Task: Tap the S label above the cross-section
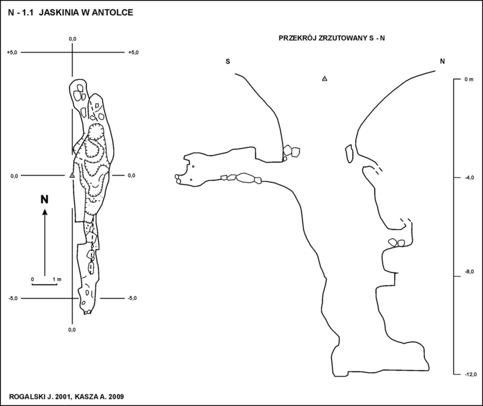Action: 228,61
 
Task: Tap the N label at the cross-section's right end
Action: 442,61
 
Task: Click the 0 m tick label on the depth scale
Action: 468,80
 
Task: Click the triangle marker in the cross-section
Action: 324,79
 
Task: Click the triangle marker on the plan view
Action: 72,175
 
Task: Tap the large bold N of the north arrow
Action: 45,199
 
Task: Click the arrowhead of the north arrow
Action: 45,212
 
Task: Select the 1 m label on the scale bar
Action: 57,280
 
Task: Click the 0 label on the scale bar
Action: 33,280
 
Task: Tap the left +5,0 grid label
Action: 12,53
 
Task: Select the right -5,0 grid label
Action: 132,298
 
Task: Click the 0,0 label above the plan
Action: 72,39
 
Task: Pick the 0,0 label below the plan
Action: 72,329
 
